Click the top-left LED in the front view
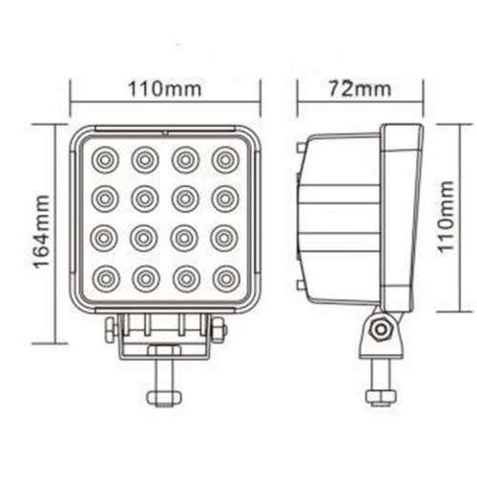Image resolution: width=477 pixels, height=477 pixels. (104, 158)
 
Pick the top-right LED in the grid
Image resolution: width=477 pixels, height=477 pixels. (226, 158)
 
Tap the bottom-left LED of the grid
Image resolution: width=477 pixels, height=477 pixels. (104, 280)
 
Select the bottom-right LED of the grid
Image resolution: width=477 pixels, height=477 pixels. (226, 280)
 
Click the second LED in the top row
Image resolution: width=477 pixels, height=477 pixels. (145, 158)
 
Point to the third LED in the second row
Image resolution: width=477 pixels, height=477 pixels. (186, 198)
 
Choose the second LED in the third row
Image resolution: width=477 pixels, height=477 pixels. (145, 238)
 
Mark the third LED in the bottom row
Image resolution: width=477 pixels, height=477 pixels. (186, 280)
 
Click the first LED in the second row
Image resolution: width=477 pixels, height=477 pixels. (104, 198)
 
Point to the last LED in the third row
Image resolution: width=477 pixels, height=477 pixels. (226, 238)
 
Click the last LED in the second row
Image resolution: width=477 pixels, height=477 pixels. (226, 198)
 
